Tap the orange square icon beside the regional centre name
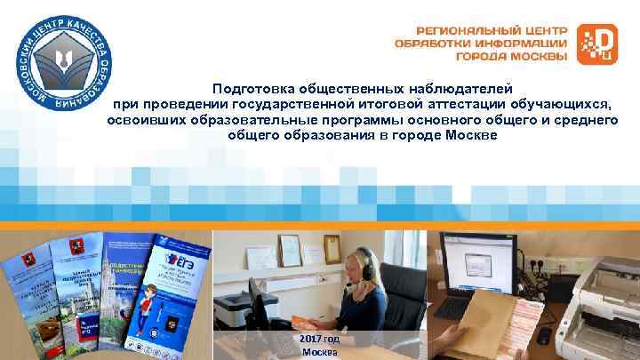tap(596, 44)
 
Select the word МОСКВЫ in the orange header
tap(537, 56)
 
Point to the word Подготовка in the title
tap(251, 89)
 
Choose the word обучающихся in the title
tap(560, 105)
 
